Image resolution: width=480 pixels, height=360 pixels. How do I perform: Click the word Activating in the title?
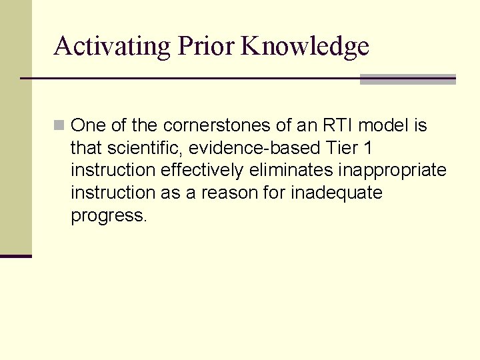pos(112,46)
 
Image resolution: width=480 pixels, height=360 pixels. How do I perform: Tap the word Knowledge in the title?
pos(305,46)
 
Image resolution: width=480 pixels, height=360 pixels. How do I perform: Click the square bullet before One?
pos(59,125)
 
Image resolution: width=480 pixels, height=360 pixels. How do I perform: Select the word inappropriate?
pos(392,171)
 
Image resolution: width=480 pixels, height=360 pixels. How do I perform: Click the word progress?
pos(107,217)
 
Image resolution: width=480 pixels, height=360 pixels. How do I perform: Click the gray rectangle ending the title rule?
pos(407,79)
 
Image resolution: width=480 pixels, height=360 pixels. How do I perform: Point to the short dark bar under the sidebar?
pos(15,256)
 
